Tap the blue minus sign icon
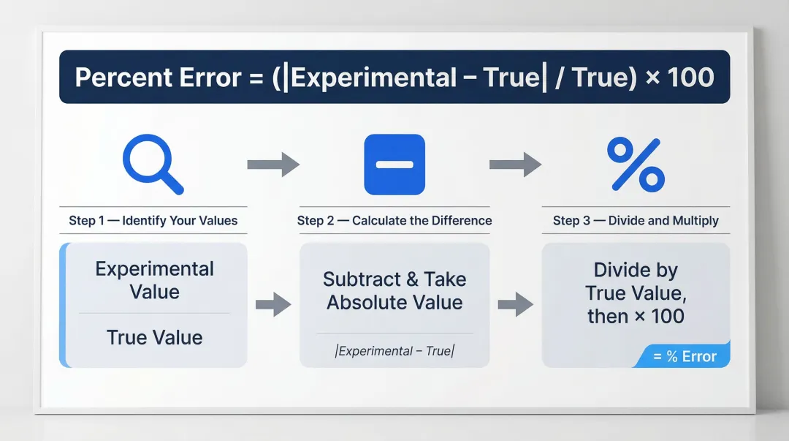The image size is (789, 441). [x=394, y=164]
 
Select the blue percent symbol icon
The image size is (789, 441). [x=636, y=165]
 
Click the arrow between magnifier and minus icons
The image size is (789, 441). [x=273, y=164]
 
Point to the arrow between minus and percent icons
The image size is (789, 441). [x=515, y=164]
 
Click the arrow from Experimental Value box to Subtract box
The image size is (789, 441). [x=273, y=304]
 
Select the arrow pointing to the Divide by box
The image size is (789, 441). [x=515, y=304]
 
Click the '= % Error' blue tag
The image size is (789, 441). [x=685, y=356]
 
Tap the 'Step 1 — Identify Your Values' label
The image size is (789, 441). [x=153, y=220]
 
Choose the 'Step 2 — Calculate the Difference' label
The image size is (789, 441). [x=394, y=220]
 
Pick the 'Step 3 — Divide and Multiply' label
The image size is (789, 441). [x=636, y=220]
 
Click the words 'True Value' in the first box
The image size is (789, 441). [x=154, y=337]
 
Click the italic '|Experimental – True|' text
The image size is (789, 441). [x=394, y=351]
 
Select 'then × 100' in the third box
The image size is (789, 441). [x=636, y=317]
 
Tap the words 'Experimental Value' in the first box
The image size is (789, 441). [x=154, y=280]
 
